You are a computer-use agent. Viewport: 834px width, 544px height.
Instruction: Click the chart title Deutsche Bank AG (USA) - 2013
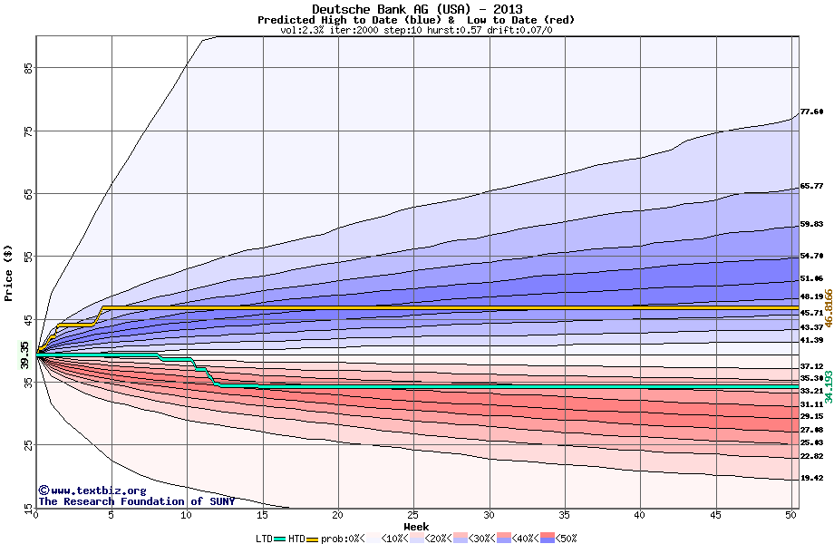[416, 9]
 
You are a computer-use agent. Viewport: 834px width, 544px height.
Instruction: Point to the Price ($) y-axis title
[9, 273]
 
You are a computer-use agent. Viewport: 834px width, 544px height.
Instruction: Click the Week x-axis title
[416, 526]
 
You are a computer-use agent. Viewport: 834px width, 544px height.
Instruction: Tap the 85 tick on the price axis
[28, 68]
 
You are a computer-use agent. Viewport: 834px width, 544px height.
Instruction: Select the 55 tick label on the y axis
[28, 257]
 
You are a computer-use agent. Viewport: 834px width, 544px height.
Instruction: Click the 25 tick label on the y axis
[28, 445]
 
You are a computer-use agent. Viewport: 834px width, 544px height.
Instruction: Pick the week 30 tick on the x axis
[489, 515]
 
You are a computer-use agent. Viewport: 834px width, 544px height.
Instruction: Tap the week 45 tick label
[715, 515]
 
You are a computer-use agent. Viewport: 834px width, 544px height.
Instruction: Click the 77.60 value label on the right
[811, 112]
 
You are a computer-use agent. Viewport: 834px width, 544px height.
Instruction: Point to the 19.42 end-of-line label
[811, 478]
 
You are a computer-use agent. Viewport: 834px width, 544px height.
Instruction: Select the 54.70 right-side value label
[811, 257]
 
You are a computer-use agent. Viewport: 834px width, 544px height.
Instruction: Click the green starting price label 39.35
[24, 355]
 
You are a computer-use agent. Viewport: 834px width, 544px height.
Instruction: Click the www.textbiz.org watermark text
[86, 491]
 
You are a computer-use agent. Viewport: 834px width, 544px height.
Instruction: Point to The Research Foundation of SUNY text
[136, 501]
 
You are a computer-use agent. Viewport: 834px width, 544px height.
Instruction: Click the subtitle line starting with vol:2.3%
[416, 30]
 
